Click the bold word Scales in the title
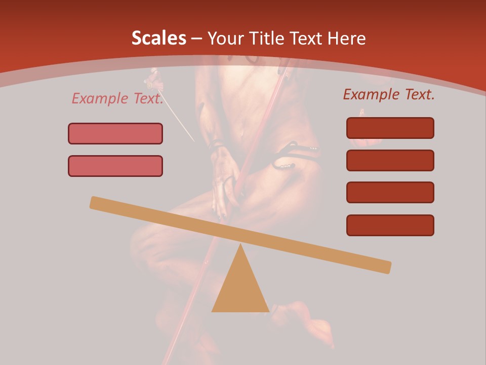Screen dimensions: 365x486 (158, 38)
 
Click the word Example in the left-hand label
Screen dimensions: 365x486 (100, 98)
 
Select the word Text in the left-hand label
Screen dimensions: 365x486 (148, 98)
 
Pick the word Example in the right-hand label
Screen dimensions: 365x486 (371, 94)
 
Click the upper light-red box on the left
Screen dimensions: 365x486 (115, 133)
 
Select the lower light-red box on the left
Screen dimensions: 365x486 (115, 166)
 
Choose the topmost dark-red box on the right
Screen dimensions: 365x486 (390, 128)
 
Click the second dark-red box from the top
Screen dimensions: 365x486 (390, 160)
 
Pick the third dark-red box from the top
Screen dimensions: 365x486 (390, 193)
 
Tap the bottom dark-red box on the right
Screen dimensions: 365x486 (390, 225)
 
